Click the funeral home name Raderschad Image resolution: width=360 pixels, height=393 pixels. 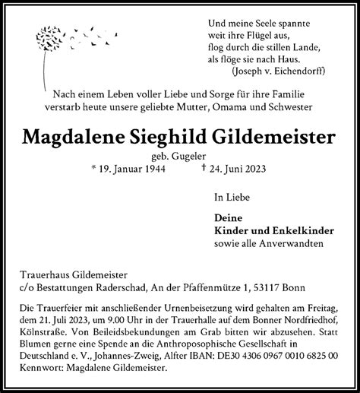152,287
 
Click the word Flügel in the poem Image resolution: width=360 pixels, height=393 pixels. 247,34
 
